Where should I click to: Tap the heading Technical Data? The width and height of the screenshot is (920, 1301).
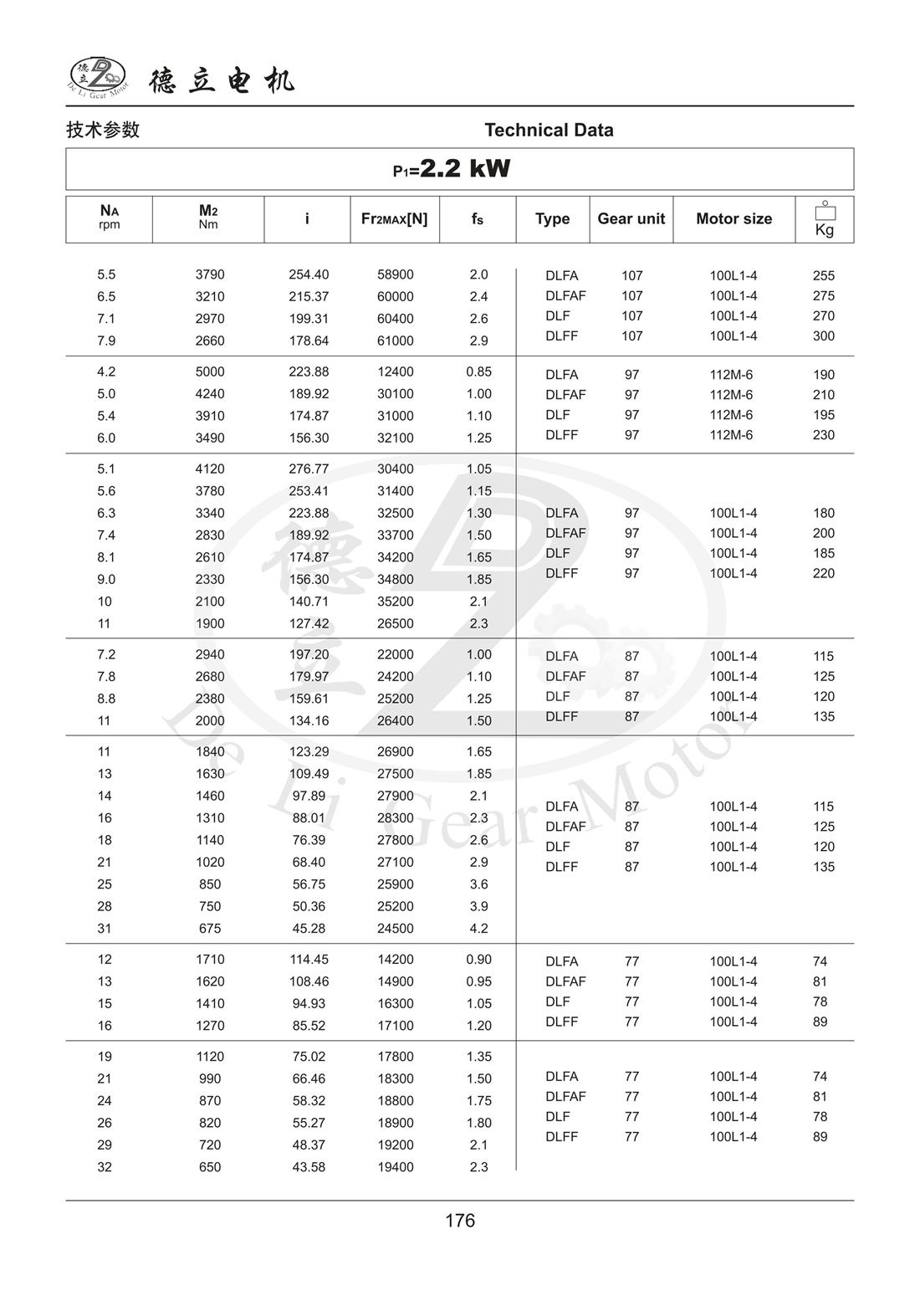[x=549, y=130]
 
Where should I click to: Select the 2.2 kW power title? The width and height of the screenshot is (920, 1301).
[x=452, y=169]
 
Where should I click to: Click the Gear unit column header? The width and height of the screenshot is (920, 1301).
[x=631, y=219]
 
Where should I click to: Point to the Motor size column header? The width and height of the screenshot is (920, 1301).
[x=733, y=219]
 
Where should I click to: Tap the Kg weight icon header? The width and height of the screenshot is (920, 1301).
[x=824, y=220]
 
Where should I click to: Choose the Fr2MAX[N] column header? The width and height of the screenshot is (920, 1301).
[x=394, y=219]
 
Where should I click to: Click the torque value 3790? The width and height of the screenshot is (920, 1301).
[x=210, y=274]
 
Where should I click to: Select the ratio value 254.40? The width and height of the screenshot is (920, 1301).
[x=309, y=274]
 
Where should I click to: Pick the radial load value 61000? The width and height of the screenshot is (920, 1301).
[x=395, y=341]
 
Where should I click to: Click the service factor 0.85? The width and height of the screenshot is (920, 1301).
[x=478, y=371]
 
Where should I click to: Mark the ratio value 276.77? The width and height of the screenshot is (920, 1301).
[x=309, y=469]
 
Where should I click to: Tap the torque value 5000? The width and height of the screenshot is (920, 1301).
[x=210, y=371]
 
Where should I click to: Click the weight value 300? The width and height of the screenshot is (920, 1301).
[x=823, y=335]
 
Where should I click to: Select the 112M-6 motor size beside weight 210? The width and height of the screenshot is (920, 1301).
[x=731, y=395]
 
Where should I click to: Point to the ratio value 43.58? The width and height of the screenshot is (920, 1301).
[x=309, y=1166]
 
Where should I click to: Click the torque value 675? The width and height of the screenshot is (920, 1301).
[x=210, y=928]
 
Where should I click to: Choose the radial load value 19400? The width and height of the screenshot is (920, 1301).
[x=395, y=1166]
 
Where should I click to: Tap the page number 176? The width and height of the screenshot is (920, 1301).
[x=460, y=1220]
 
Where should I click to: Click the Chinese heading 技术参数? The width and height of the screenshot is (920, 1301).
[x=103, y=130]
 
